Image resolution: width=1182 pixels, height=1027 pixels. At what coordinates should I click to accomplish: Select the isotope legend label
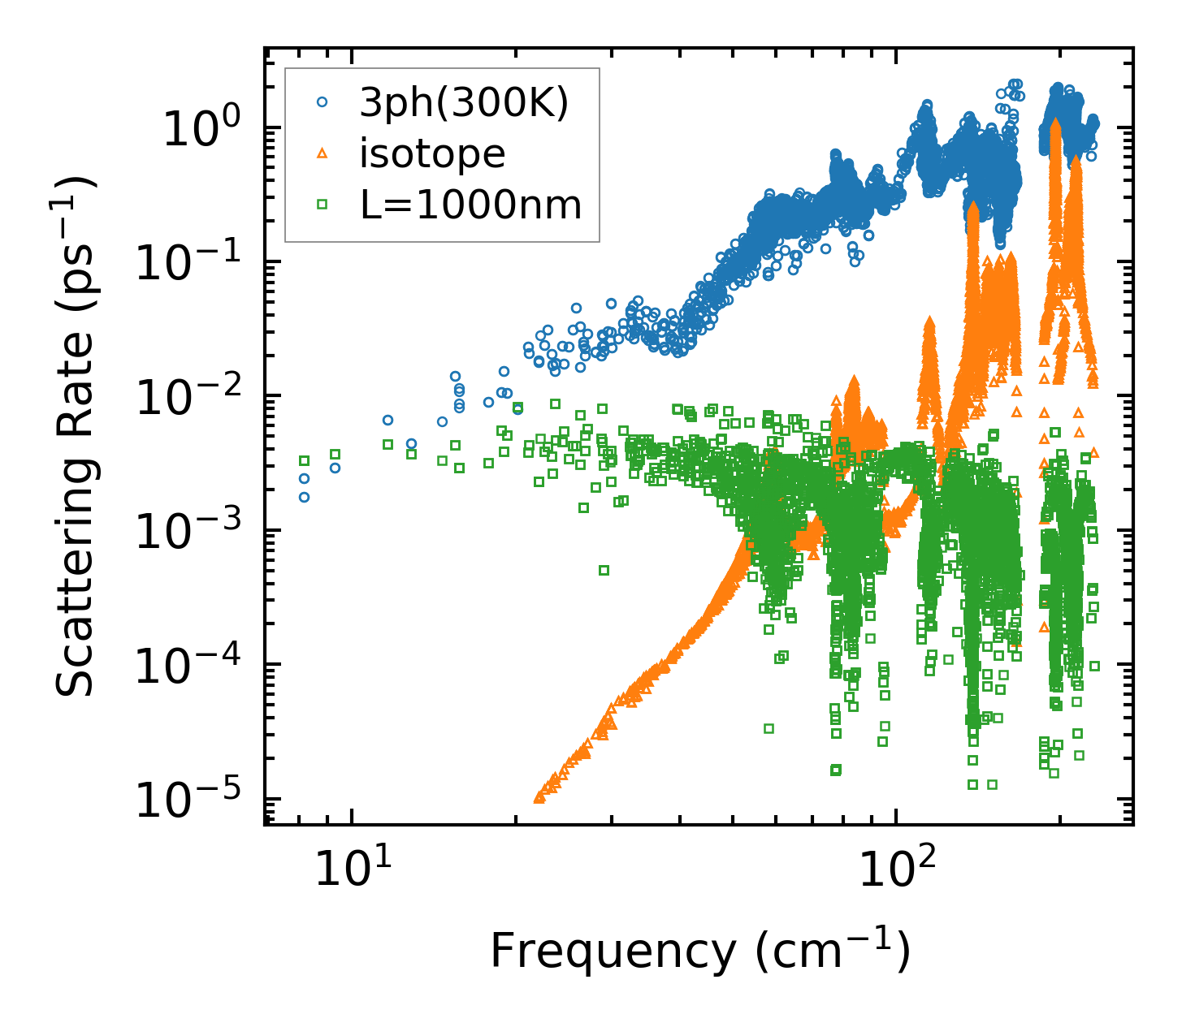pyautogui.click(x=432, y=154)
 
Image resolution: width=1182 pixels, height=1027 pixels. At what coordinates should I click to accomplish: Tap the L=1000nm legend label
pyautogui.click(x=471, y=205)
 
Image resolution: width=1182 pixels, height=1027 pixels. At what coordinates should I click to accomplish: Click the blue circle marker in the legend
pyautogui.click(x=322, y=103)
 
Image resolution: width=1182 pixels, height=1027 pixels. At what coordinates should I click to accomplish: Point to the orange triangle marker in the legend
pyautogui.click(x=322, y=153)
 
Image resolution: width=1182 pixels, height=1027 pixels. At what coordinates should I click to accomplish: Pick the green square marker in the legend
pyautogui.click(x=322, y=205)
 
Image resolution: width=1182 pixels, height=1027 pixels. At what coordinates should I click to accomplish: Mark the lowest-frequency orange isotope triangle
pyautogui.click(x=539, y=798)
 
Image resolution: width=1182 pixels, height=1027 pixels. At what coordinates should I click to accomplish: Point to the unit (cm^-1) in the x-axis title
pyautogui.click(x=833, y=951)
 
